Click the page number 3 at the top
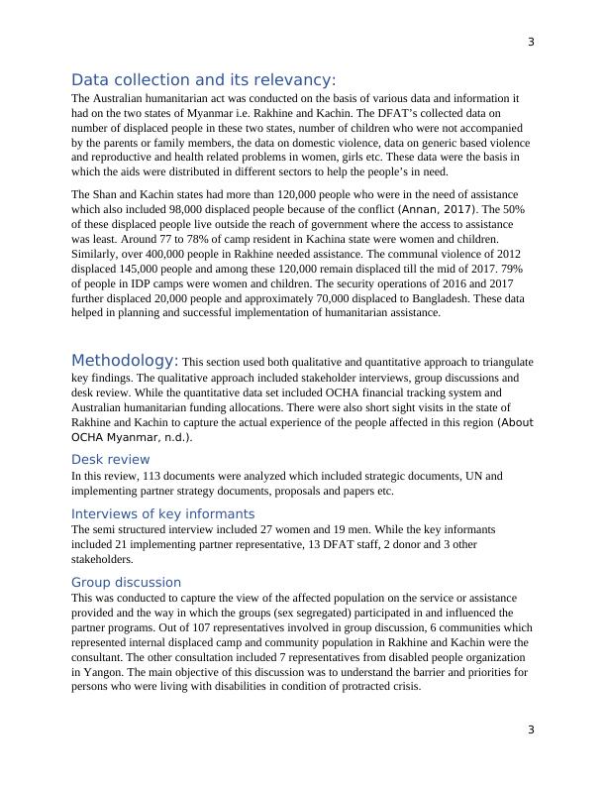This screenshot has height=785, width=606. pyautogui.click(x=531, y=42)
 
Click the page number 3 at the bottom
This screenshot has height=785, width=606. pyautogui.click(x=531, y=730)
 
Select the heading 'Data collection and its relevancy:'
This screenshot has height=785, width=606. pyautogui.click(x=203, y=79)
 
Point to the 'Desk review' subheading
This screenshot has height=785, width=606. pyautogui.click(x=111, y=459)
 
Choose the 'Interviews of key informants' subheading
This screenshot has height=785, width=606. pyautogui.click(x=162, y=513)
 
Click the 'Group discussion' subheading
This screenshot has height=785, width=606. pyautogui.click(x=126, y=582)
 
